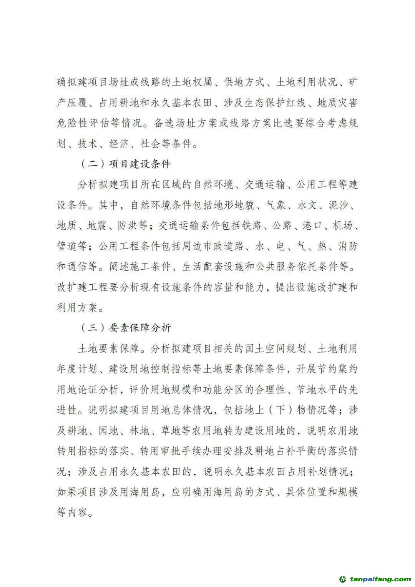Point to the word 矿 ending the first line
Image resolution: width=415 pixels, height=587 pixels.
click(x=353, y=82)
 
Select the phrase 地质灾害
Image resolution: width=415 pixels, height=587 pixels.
click(x=338, y=103)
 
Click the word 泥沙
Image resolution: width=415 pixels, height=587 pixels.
click(x=338, y=205)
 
